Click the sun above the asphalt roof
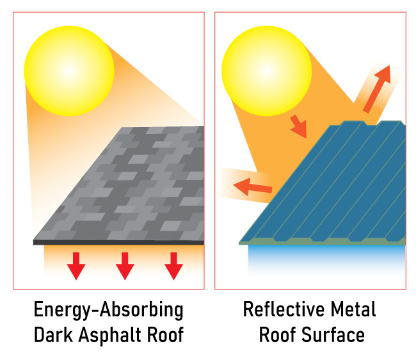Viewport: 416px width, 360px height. (69, 68)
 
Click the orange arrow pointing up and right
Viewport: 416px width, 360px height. (377, 88)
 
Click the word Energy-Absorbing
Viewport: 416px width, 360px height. (108, 311)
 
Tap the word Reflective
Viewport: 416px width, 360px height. (280, 311)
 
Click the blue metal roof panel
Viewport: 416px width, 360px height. (333, 186)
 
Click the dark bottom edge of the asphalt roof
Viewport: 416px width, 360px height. (118, 243)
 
